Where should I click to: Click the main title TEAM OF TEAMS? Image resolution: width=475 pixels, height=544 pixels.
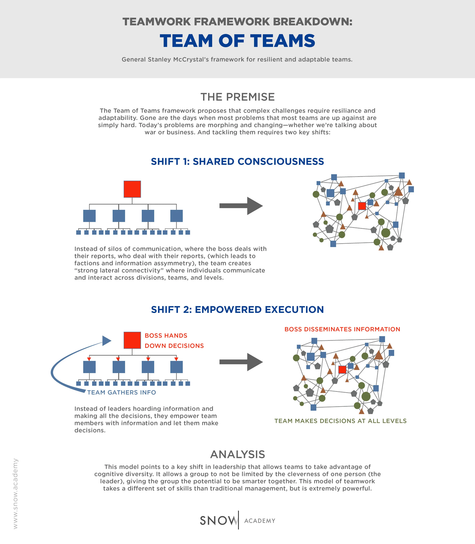[x=237, y=41]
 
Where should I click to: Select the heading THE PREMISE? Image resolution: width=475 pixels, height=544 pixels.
[x=237, y=97]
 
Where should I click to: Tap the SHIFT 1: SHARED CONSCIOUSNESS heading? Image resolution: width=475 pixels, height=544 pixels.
[x=237, y=161]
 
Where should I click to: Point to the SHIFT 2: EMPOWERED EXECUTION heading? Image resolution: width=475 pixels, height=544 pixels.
[x=237, y=309]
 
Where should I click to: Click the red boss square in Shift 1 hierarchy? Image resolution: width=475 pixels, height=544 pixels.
[x=132, y=189]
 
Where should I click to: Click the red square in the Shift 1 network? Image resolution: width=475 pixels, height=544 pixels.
[x=362, y=206]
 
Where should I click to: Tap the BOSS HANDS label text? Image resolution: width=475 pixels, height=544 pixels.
[x=166, y=335]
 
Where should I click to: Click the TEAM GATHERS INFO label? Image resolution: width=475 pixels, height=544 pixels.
[x=122, y=392]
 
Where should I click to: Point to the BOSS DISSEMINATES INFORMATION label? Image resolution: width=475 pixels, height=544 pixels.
[x=342, y=329]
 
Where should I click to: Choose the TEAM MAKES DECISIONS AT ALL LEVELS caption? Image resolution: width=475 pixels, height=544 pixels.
[x=340, y=421]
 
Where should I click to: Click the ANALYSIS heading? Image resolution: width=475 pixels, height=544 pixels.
[x=237, y=454]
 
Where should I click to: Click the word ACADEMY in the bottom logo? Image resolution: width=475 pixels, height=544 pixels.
[x=260, y=521]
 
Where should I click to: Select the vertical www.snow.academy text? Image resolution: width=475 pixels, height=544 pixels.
[x=15, y=493]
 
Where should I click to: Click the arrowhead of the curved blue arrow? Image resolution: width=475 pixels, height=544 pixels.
[x=107, y=341]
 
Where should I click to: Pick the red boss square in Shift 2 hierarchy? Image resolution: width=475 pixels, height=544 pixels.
[x=132, y=340]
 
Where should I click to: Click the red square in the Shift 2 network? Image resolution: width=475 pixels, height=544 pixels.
[x=342, y=370]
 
